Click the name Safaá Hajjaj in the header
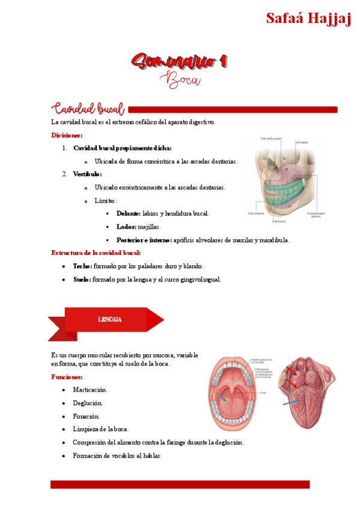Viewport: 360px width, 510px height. pyautogui.click(x=308, y=18)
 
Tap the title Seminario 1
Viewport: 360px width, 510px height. pyautogui.click(x=180, y=61)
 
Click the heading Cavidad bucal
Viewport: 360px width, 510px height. pyautogui.click(x=88, y=109)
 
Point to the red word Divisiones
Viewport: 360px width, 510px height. pyautogui.click(x=66, y=135)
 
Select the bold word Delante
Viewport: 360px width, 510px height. pyautogui.click(x=128, y=214)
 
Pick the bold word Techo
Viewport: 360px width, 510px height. pyautogui.click(x=81, y=266)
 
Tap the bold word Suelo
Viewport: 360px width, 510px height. pyautogui.click(x=81, y=279)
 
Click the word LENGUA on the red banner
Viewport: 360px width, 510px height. pyautogui.click(x=109, y=319)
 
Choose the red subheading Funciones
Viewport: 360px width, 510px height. pyautogui.click(x=66, y=377)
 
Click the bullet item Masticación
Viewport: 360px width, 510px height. pyautogui.click(x=90, y=390)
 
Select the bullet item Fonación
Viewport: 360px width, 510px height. pyautogui.click(x=86, y=416)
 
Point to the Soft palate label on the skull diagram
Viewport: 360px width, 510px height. pyautogui.click(x=301, y=142)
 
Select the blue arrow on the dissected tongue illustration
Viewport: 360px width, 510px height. pyautogui.click(x=293, y=402)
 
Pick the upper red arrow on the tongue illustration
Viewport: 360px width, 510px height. pyautogui.click(x=290, y=368)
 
